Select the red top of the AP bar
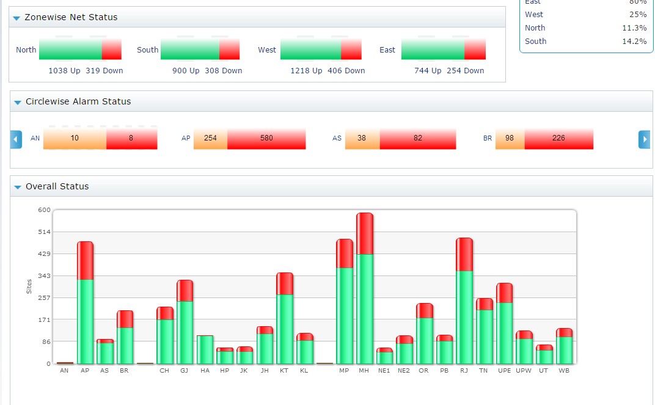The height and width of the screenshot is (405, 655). click(x=86, y=261)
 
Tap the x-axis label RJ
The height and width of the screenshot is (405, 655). click(x=464, y=371)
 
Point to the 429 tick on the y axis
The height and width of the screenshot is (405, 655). click(x=44, y=254)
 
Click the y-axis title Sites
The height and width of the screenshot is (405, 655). click(x=29, y=286)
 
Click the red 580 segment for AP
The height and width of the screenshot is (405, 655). click(x=266, y=139)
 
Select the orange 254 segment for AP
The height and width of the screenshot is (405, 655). click(x=210, y=139)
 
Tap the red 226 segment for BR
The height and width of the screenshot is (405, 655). click(x=558, y=139)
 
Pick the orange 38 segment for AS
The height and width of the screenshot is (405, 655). click(x=362, y=139)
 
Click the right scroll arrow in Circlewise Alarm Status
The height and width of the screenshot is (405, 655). click(x=644, y=139)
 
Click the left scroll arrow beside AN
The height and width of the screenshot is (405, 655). click(x=16, y=139)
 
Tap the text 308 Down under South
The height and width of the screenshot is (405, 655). click(x=224, y=71)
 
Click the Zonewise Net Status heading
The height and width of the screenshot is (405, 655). click(x=71, y=18)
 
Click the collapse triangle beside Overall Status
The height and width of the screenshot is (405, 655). click(x=17, y=187)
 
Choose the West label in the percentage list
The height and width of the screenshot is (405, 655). click(x=533, y=15)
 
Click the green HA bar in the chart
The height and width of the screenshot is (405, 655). click(x=205, y=349)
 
